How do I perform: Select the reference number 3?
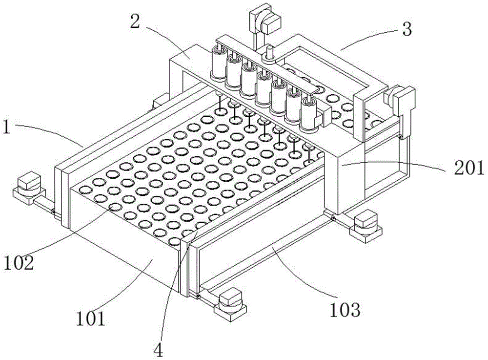pyautogui.click(x=405, y=30)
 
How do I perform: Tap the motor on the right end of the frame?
pyautogui.click(x=402, y=97)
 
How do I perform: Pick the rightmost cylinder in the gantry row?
pyautogui.click(x=308, y=113)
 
